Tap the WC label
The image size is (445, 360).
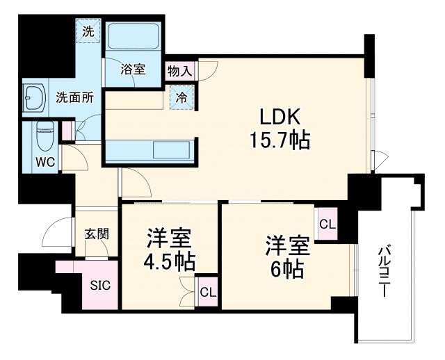46,162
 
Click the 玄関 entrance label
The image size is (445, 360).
96,234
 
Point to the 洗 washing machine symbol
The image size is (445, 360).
88,31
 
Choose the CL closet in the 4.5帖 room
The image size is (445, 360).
207,292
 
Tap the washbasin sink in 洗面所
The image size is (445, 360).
33,97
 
